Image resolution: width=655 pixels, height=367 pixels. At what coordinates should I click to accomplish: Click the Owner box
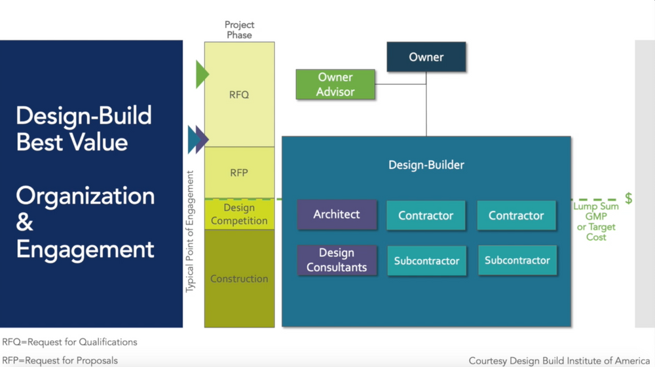(426, 57)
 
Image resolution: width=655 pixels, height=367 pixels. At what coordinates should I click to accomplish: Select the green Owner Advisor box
(335, 85)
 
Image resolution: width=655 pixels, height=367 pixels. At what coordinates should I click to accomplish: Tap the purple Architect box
(337, 214)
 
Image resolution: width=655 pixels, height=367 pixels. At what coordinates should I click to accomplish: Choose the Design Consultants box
(337, 260)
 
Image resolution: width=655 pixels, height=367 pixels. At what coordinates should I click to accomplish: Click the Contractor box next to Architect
(426, 215)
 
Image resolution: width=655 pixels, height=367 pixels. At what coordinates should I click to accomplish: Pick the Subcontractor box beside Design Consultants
(426, 261)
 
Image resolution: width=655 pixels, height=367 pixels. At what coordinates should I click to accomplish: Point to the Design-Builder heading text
(426, 164)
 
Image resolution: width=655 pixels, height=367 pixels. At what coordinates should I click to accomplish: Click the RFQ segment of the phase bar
(239, 94)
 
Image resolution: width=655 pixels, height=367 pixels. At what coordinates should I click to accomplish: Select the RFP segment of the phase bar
(239, 172)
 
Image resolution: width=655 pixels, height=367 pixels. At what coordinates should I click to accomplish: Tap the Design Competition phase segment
(239, 214)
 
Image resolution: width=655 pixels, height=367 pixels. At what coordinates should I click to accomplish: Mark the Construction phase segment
(239, 279)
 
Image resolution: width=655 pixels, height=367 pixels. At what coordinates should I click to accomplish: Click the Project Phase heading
(239, 30)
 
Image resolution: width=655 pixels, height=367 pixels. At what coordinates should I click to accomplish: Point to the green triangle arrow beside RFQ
(202, 74)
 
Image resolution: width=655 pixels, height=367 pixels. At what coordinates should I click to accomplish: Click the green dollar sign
(628, 199)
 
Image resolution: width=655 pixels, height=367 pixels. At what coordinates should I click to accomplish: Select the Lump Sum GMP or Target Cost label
(596, 222)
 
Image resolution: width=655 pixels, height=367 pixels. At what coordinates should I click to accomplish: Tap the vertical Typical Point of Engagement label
(191, 231)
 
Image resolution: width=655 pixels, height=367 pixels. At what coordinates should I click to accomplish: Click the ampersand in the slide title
(25, 223)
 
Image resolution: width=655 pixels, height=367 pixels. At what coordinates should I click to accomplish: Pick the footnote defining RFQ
(69, 341)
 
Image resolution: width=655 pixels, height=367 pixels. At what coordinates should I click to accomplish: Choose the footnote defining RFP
(60, 360)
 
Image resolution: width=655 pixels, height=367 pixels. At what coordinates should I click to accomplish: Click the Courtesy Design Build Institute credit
(560, 360)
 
